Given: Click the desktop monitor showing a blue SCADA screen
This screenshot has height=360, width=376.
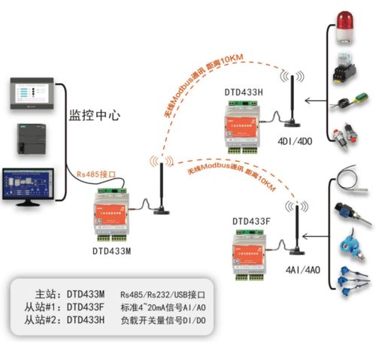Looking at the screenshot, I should coord(31,186).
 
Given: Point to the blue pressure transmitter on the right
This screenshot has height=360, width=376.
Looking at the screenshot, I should coord(348,244).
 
